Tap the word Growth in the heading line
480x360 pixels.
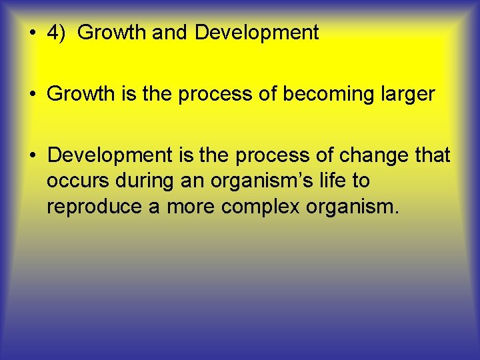pyautogui.click(x=111, y=33)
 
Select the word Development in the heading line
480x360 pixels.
pyautogui.click(x=257, y=33)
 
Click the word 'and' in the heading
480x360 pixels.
pyautogui.click(x=170, y=33)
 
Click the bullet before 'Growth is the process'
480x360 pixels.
pyautogui.click(x=33, y=95)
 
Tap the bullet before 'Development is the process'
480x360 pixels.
pyautogui.click(x=33, y=156)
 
